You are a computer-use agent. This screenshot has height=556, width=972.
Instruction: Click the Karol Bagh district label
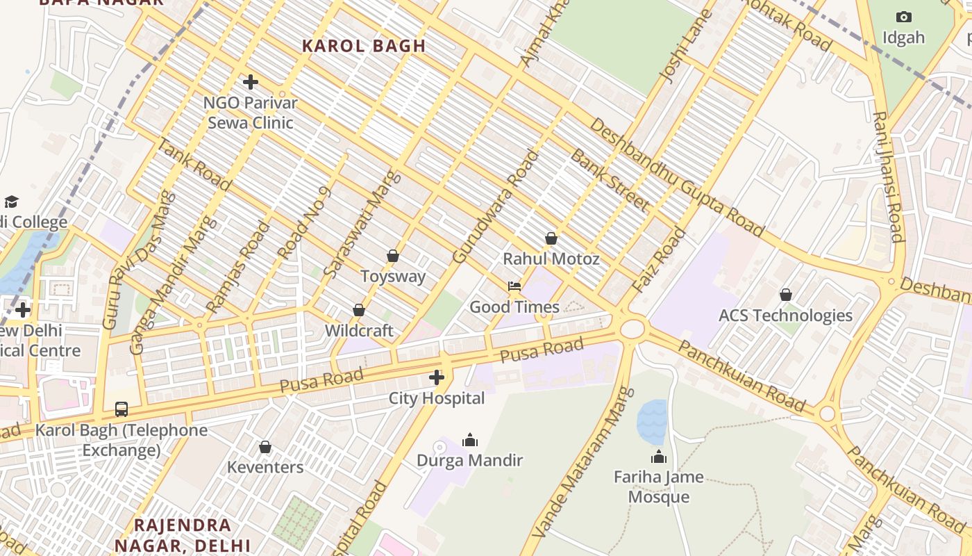pos(364,46)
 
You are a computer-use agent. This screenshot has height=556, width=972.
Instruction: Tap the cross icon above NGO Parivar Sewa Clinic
pos(251,82)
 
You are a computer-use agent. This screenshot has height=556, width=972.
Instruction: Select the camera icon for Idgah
pos(903,17)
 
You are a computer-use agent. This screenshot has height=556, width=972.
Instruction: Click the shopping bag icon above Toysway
pos(393,256)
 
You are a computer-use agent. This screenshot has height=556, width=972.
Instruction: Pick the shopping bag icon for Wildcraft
pos(359,310)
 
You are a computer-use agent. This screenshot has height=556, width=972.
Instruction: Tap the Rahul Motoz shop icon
pos(551,238)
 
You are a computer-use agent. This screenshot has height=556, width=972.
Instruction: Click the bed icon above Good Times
pos(514,286)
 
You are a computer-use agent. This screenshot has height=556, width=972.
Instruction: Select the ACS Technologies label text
pos(785,316)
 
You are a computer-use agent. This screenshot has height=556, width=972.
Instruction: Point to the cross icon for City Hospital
pos(437,377)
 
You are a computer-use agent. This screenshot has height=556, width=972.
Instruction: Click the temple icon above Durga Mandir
pos(470,440)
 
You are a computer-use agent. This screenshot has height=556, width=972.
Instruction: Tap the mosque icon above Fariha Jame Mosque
pos(658,457)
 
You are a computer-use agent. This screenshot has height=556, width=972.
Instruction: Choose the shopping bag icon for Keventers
pos(265,447)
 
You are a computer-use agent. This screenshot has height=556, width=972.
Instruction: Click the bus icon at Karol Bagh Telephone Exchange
pos(121,409)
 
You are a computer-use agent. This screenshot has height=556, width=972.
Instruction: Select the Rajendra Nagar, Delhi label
pos(182,534)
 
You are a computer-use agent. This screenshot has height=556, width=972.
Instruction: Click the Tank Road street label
pos(194,165)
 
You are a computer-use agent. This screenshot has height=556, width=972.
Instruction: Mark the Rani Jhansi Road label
pos(888,177)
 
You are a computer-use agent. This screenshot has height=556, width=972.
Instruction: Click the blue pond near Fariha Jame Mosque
pos(651,422)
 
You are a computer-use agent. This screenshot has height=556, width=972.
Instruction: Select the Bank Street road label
pos(610,180)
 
